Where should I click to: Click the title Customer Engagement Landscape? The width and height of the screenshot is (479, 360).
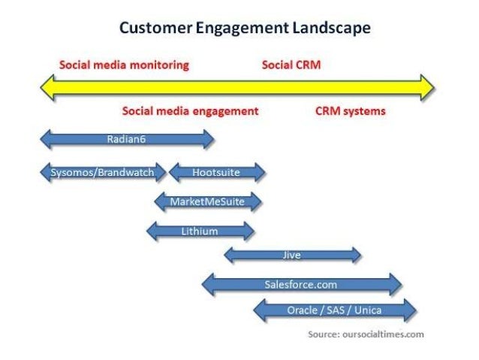coord(244,29)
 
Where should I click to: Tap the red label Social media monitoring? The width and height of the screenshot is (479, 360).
coord(124,65)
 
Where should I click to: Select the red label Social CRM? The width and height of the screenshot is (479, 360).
coord(291,65)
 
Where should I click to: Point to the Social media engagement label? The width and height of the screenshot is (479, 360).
coord(190,110)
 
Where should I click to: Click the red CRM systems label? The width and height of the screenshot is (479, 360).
coord(350,110)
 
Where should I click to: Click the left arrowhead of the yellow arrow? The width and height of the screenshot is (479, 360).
coord(47,87)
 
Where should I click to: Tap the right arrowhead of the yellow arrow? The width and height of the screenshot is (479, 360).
coord(427,87)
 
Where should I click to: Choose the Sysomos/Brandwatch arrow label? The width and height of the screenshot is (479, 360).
coord(102,173)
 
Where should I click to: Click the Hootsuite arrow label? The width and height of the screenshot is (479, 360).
coord(216,173)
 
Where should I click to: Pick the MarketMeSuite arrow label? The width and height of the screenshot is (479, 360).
coord(208,201)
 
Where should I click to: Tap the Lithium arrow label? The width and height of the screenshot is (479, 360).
coord(200,231)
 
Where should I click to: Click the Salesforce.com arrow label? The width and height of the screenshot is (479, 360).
coord(301,285)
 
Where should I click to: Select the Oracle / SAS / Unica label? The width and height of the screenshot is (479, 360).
coord(333,310)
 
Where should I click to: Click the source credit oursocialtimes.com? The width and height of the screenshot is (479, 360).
coord(366,334)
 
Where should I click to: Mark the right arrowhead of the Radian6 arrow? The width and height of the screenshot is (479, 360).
coord(208,138)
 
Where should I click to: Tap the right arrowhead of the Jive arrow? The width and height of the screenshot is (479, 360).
coord(357,256)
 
